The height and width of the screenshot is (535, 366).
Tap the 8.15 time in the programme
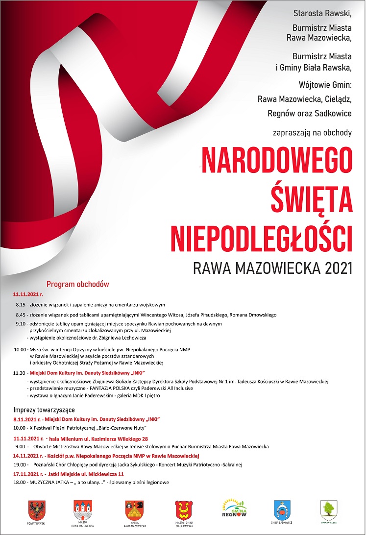click(21, 305)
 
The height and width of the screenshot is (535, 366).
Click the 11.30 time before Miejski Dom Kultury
click(20, 373)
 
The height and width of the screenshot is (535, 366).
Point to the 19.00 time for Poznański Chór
click(20, 464)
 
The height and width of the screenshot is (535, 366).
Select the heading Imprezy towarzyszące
click(44, 410)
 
